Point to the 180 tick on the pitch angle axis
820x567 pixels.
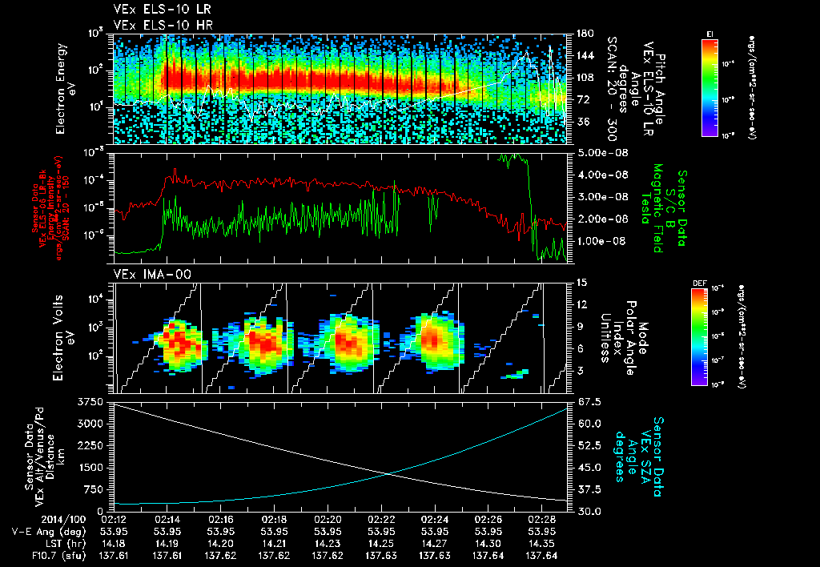[x=584, y=34]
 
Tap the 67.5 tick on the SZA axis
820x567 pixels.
[x=584, y=401]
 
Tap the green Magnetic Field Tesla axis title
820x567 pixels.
[x=656, y=208]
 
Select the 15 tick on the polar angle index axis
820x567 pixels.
[x=581, y=283]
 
